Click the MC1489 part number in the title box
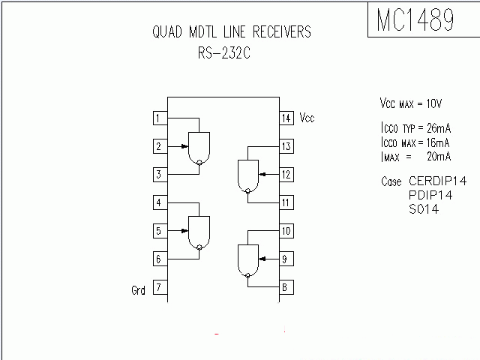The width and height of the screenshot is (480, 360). tap(415, 20)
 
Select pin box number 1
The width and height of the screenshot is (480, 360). tap(160, 118)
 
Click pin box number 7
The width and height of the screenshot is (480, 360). tap(160, 287)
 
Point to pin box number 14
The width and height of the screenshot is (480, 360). tap(286, 118)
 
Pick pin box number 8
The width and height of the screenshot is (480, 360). tap(286, 287)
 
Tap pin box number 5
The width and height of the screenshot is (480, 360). tap(160, 231)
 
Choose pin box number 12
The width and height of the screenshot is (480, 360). tap(286, 175)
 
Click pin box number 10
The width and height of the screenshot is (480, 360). tap(286, 231)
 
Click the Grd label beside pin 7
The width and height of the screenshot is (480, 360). tap(139, 290)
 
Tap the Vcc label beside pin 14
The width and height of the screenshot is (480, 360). tap(307, 118)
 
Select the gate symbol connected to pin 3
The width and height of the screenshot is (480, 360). tap(199, 148)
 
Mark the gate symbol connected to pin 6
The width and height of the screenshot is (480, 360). tap(199, 232)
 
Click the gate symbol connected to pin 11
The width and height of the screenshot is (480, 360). tap(247, 176)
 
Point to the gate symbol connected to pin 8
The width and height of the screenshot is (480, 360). tap(247, 260)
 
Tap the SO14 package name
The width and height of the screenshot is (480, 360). tap(423, 210)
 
